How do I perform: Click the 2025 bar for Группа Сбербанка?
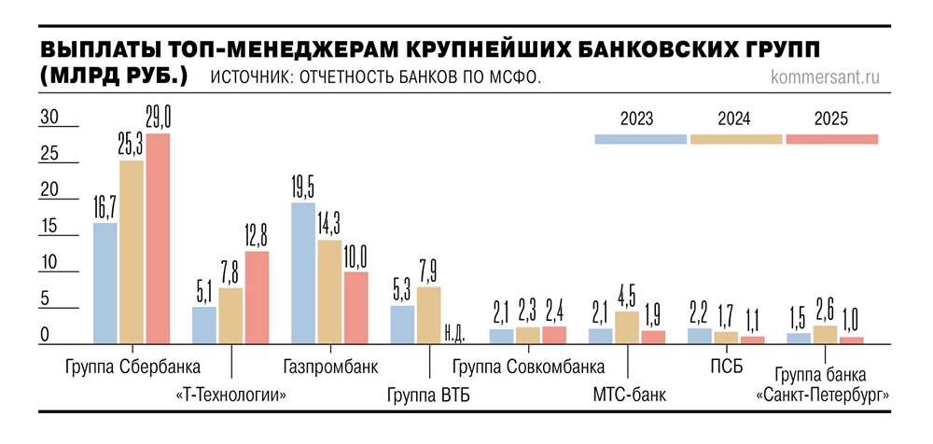coord(158,238)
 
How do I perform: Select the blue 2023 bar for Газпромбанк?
coord(303,272)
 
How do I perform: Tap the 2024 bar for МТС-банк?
coord(628,327)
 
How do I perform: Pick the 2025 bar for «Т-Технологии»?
coord(256,297)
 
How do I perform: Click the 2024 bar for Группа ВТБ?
coord(428,314)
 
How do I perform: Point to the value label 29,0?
coord(159,118)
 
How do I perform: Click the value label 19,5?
coord(303,187)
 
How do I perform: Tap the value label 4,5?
coord(628,298)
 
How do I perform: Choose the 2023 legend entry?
coord(640,120)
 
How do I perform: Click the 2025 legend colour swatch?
coord(832,139)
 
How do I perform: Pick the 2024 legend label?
coord(735,119)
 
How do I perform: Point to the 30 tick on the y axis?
coord(48,118)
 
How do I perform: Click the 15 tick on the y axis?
coord(48,227)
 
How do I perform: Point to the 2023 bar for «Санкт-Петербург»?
coord(799,338)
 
